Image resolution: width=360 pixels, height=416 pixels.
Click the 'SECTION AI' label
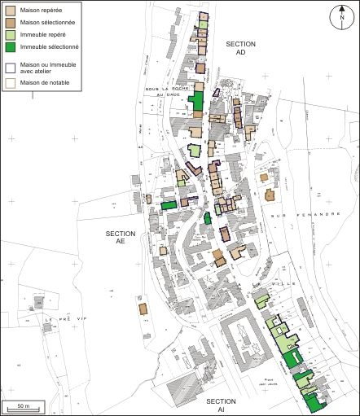click(x=221, y=406)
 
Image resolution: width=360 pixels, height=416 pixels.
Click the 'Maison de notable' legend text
click(x=46, y=82)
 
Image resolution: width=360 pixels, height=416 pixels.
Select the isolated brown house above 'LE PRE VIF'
click(x=142, y=309)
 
